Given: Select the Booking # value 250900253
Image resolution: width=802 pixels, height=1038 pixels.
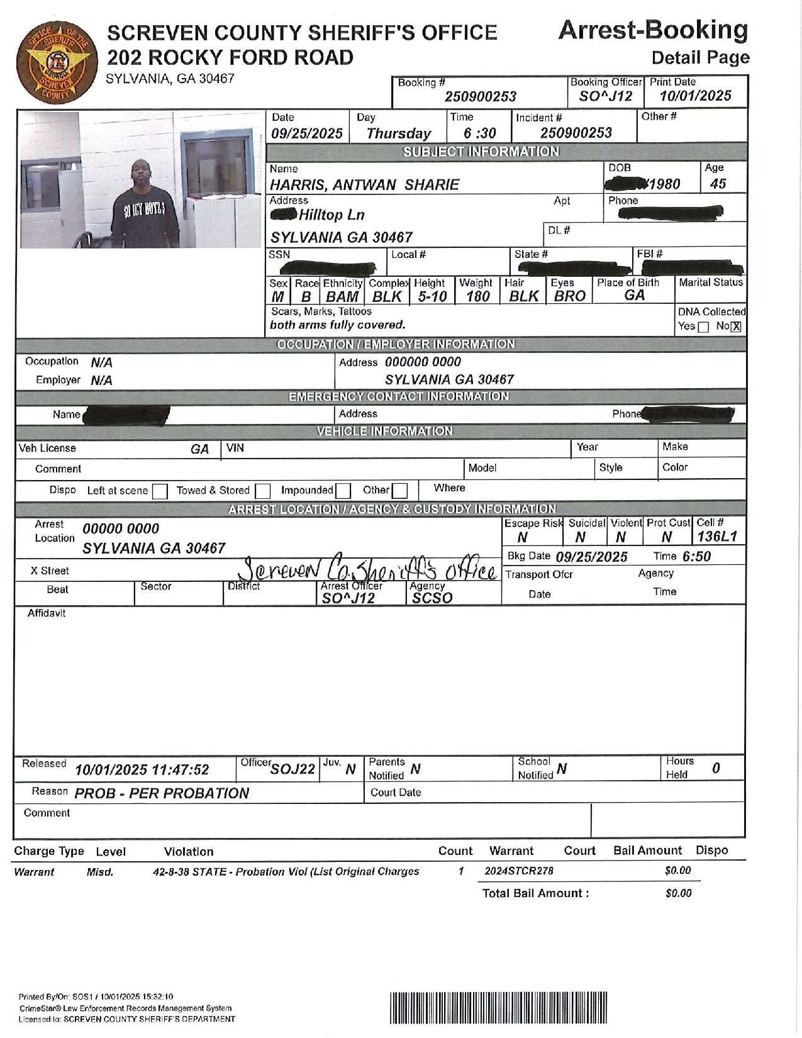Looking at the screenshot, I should tap(481, 96).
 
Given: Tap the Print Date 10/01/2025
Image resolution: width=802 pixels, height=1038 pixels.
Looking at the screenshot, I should tap(695, 96).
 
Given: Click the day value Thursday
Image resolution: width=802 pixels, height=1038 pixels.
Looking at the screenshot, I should tap(398, 133).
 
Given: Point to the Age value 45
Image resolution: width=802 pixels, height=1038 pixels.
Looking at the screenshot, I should tap(718, 184).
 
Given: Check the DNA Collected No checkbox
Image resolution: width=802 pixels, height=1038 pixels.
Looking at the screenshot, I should tap(737, 326).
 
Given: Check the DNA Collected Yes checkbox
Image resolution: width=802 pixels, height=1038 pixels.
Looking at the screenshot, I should tap(703, 326).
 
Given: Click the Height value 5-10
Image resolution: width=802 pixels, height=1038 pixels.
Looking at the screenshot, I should tap(432, 296).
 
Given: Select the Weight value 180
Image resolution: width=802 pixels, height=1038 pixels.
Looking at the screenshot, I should tap(477, 296).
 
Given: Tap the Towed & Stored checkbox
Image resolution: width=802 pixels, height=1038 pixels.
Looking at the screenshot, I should tap(263, 491).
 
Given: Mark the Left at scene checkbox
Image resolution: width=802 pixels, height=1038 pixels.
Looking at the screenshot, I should tap(160, 491).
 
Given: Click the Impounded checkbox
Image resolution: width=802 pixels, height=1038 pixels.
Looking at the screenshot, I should tap(343, 491).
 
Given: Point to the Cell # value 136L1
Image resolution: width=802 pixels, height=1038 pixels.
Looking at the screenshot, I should tap(716, 537).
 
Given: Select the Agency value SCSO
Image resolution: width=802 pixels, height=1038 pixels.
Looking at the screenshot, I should tap(432, 598).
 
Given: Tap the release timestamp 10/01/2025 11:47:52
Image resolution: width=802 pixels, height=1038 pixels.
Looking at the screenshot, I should tap(142, 770).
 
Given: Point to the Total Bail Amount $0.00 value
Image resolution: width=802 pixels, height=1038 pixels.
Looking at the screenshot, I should tap(678, 893).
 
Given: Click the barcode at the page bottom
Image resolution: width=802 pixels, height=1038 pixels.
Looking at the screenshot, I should tap(499, 1008).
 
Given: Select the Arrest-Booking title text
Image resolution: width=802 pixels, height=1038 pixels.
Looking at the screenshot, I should tap(653, 30).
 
